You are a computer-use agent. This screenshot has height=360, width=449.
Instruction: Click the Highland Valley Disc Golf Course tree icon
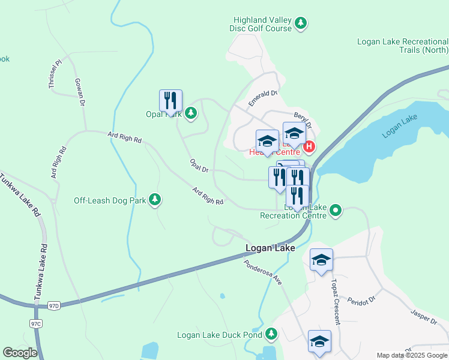pyautogui.click(x=301, y=24)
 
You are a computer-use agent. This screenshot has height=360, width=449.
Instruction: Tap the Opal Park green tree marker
pyautogui.click(x=191, y=113)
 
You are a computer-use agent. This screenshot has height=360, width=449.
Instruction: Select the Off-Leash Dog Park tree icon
pyautogui.click(x=155, y=200)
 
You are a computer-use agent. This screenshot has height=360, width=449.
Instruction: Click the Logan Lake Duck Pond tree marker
pyautogui.click(x=271, y=333)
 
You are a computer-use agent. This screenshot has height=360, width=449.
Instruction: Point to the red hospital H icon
pyautogui.click(x=309, y=146)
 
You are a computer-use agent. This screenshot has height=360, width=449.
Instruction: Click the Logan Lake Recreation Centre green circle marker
pyautogui.click(x=336, y=211)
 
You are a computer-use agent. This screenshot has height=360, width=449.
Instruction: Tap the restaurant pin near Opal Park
pyautogui.click(x=170, y=101)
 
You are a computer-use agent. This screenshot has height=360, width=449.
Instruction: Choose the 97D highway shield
pyautogui.click(x=55, y=306)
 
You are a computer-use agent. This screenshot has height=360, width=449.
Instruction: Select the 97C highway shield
pyautogui.click(x=35, y=323)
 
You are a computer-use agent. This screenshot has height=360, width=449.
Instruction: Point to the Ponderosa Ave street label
pyautogui.click(x=263, y=271)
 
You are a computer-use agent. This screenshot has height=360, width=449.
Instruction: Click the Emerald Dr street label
pyautogui.click(x=263, y=98)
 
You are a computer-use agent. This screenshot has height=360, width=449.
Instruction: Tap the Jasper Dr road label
pyautogui.click(x=424, y=317)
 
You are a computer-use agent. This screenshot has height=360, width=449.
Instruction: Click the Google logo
pyautogui.click(x=20, y=352)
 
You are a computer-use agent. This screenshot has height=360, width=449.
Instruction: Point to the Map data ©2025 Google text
pyautogui.click(x=411, y=355)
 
